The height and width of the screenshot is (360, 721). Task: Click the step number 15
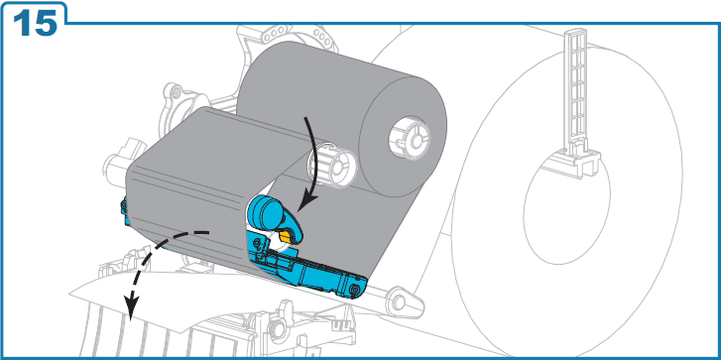pos(35,23)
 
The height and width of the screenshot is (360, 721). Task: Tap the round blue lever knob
pos(264,211)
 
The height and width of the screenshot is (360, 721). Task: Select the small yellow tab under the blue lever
pos(285,237)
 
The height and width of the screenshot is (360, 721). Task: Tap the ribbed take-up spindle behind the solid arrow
pos(332,166)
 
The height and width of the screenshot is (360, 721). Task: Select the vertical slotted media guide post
pos(576,92)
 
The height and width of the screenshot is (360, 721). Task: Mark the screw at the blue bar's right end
pos(353,290)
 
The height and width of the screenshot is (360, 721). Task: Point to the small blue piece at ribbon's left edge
pos(123,212)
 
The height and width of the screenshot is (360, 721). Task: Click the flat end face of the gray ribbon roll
pos(403,138)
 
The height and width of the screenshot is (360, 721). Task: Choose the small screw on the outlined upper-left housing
pos(176,95)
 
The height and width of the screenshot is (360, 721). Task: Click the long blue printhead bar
pos(307,268)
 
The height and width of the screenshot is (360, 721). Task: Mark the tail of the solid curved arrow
pos(304,119)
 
